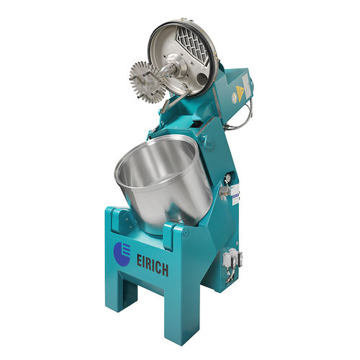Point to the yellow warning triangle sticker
(x=239, y=91)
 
